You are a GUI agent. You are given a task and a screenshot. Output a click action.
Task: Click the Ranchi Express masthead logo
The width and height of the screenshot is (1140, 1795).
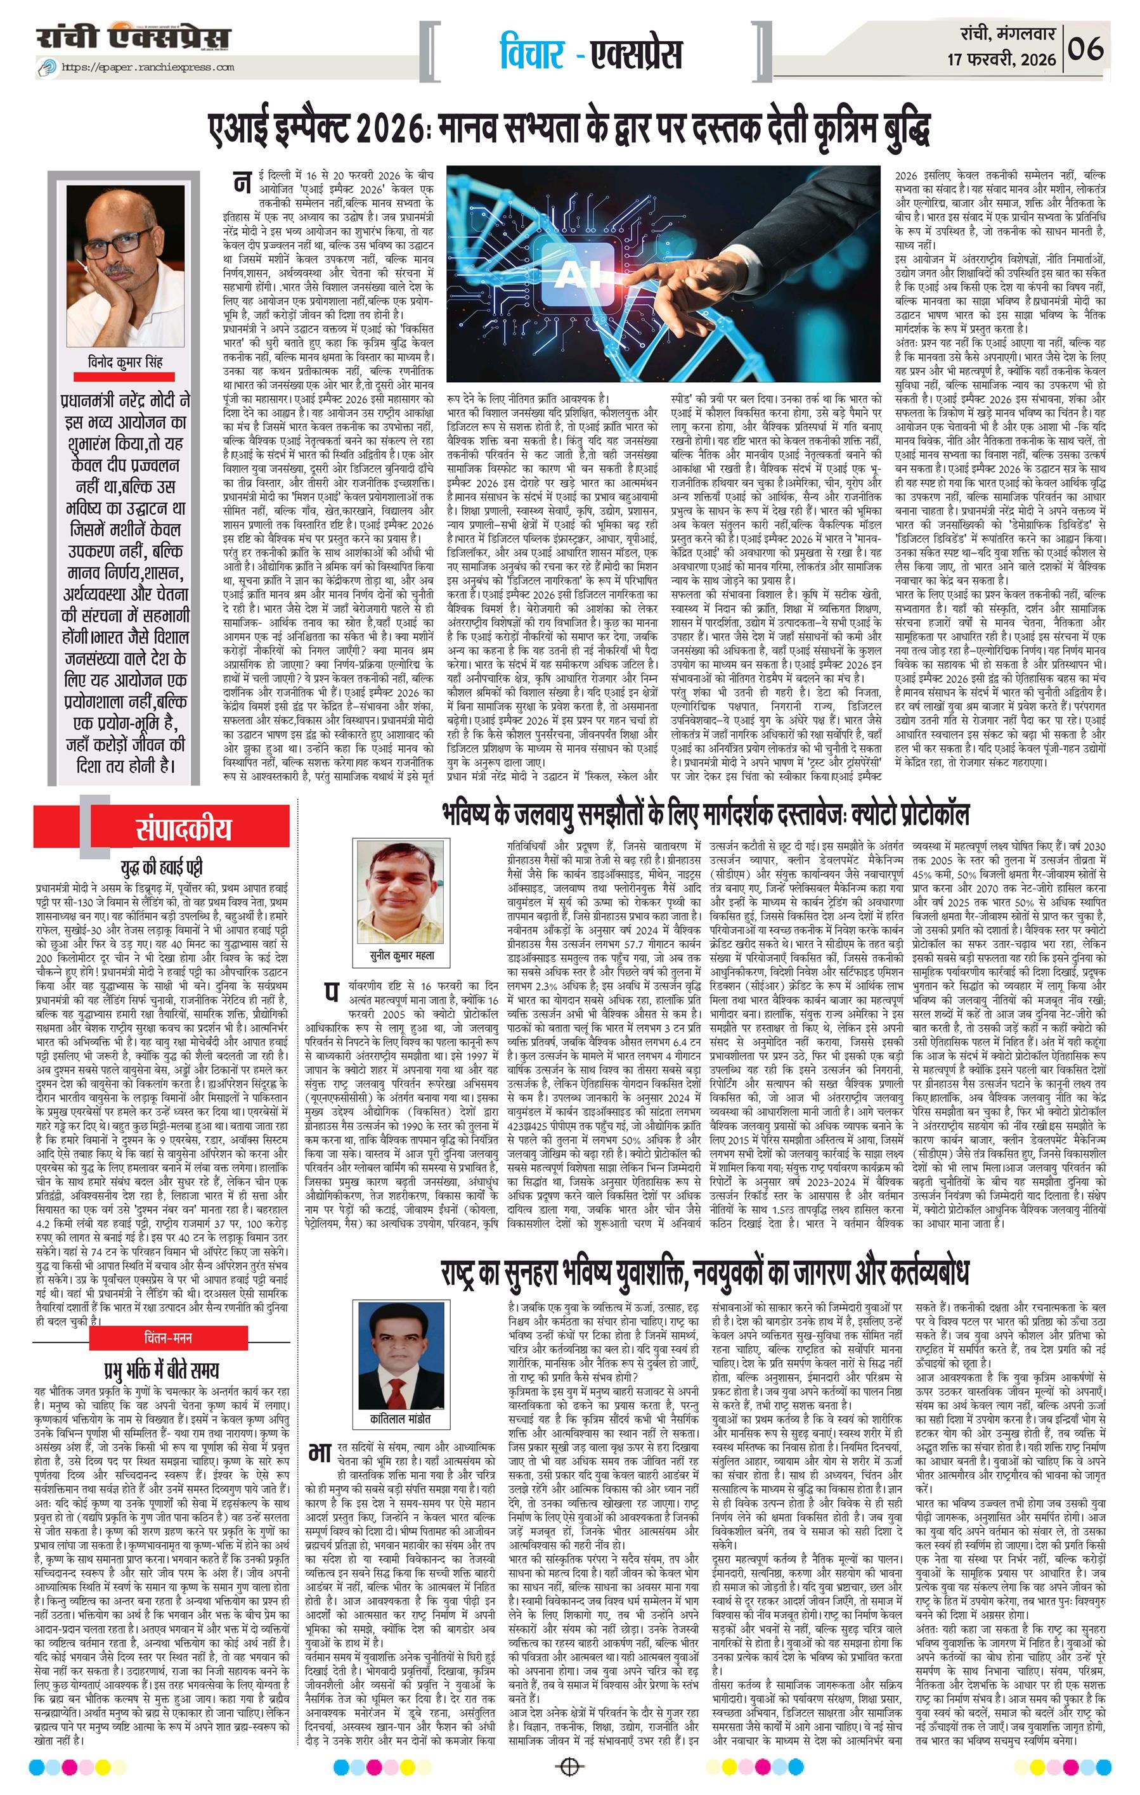[135, 37]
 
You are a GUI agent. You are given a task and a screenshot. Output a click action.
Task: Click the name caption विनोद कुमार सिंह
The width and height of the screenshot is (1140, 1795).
[124, 363]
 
